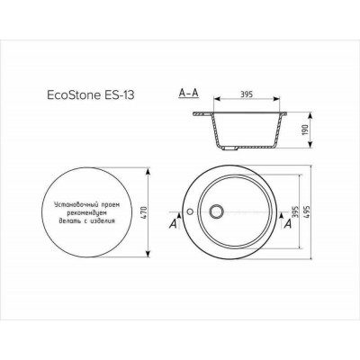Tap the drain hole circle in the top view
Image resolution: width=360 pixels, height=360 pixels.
point(216,212)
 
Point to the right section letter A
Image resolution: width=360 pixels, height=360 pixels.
point(285,227)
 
